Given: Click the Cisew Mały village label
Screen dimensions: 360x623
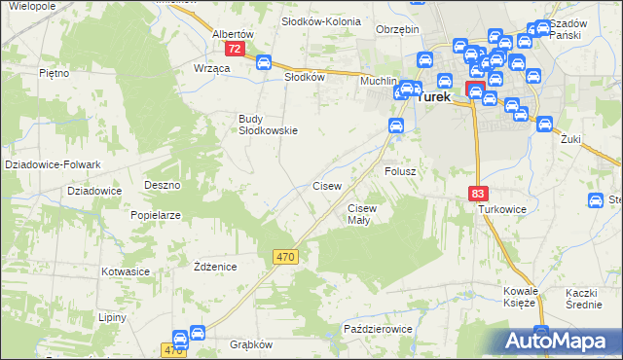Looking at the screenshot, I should (x=361, y=214).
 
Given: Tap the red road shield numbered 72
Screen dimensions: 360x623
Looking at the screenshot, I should (x=234, y=48).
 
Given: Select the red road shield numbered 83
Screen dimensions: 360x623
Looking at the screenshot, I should (x=477, y=194).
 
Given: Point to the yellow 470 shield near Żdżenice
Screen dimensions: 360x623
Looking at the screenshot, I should (x=285, y=256).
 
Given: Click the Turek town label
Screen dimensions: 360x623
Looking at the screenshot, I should (x=434, y=98).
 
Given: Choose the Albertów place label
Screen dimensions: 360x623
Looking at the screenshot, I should (x=234, y=32).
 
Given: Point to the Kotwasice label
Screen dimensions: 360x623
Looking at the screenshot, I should (x=124, y=271).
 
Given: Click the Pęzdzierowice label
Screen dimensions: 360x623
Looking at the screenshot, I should (x=379, y=330).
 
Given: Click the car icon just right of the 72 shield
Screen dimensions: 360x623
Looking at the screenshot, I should (x=263, y=62).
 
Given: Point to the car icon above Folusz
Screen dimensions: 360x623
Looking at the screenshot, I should (x=396, y=126).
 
